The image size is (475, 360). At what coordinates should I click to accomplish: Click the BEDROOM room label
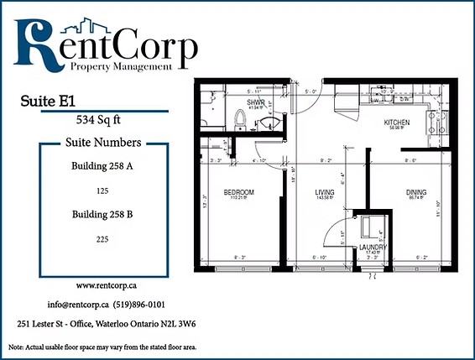pos(238,193)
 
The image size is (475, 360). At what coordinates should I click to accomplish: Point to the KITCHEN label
pos(397,123)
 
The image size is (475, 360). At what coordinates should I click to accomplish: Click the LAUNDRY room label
pos(372,248)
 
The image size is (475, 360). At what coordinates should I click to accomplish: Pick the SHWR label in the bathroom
pos(256,102)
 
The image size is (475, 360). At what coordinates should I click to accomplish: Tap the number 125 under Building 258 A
pos(102,190)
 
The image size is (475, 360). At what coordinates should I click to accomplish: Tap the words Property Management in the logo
pos(133,65)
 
